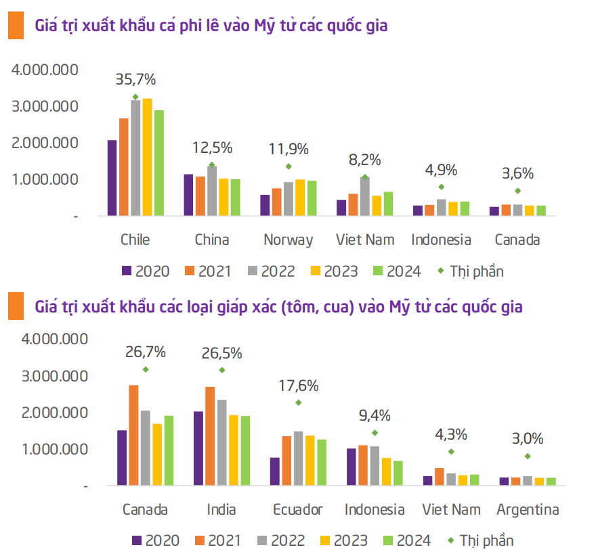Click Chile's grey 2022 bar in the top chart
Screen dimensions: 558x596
[x=135, y=158]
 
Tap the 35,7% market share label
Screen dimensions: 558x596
[x=135, y=79]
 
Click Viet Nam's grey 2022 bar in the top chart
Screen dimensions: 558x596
[x=365, y=196]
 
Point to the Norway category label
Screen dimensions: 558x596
[x=289, y=239]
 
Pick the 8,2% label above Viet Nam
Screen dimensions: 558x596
[x=365, y=160]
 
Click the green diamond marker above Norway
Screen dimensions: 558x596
[x=289, y=166]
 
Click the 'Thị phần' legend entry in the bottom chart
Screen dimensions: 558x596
[x=480, y=540]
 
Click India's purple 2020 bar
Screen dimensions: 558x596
[x=198, y=448]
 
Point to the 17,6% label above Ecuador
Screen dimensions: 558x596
[x=299, y=386]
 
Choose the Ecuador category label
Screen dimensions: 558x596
[x=298, y=509]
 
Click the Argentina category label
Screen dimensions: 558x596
[x=528, y=509]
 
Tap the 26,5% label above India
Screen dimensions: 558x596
[x=221, y=353]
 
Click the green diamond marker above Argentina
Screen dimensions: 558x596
[x=528, y=457]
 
